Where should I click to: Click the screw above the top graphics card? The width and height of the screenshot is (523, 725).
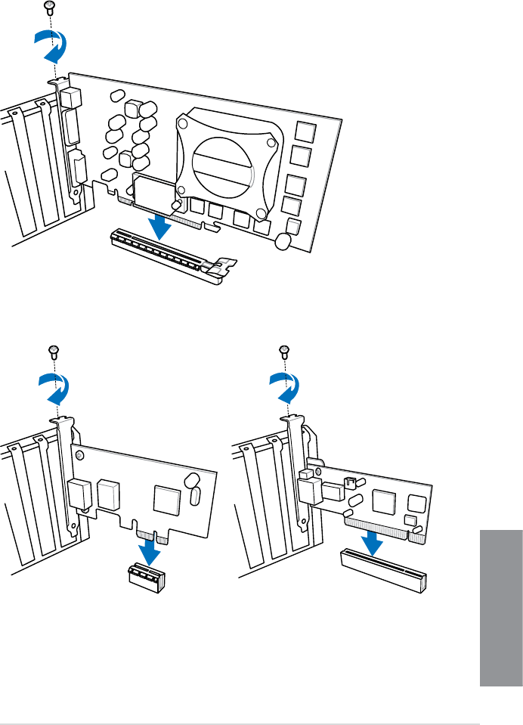pyautogui.click(x=49, y=8)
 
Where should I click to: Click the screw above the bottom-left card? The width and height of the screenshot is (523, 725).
pyautogui.click(x=54, y=350)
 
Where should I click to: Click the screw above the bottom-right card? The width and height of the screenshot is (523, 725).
pyautogui.click(x=284, y=350)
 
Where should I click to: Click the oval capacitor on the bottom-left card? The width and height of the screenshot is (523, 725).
pyautogui.click(x=194, y=497)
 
